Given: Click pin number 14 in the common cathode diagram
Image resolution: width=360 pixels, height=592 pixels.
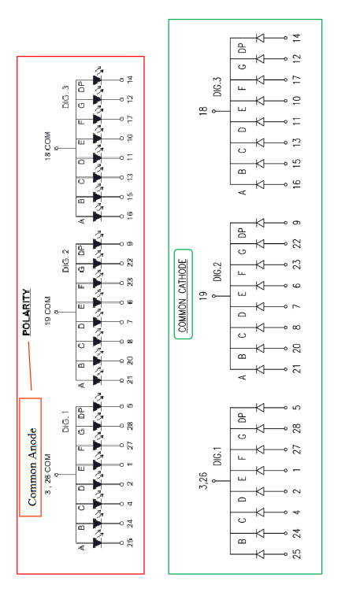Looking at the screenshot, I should pyautogui.click(x=297, y=38).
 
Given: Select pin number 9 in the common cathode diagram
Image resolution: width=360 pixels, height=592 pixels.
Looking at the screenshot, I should pyautogui.click(x=297, y=223).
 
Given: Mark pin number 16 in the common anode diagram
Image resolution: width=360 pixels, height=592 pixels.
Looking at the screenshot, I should pyautogui.click(x=130, y=215).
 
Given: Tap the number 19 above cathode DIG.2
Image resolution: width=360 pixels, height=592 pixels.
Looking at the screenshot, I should pyautogui.click(x=203, y=296).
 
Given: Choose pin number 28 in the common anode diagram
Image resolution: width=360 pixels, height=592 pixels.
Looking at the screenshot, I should pyautogui.click(x=130, y=426).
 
